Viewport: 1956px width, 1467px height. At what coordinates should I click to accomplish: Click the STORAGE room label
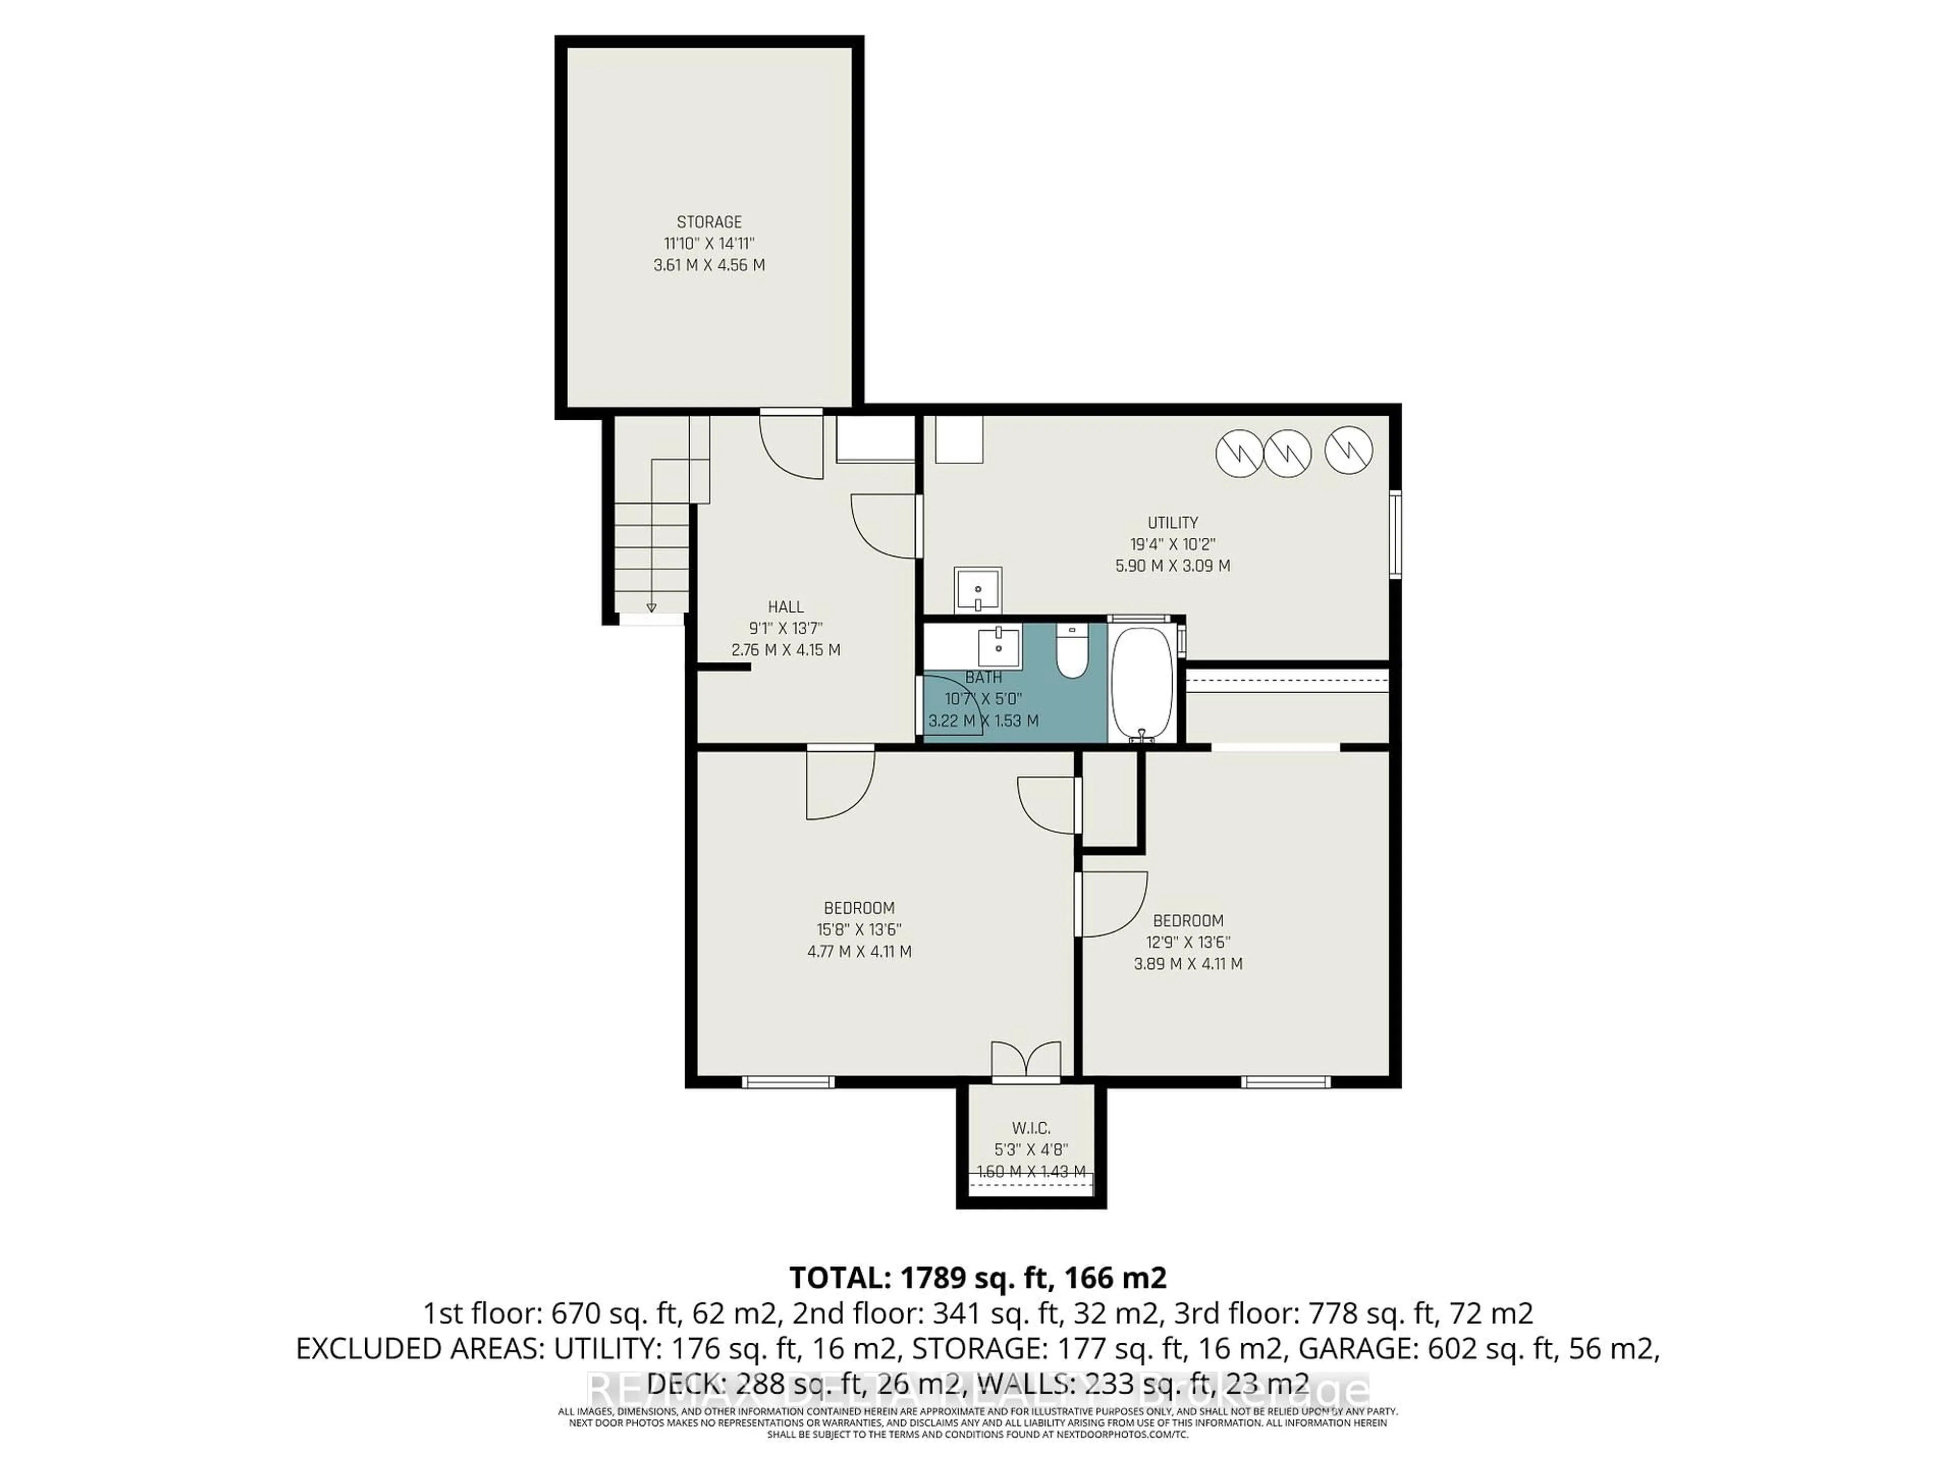pyautogui.click(x=709, y=222)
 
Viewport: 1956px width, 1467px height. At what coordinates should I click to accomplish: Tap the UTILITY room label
pyautogui.click(x=1173, y=523)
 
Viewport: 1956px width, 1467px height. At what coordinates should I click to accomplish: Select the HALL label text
pyautogui.click(x=785, y=607)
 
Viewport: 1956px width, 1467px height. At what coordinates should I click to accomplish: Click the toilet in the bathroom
pyautogui.click(x=1072, y=655)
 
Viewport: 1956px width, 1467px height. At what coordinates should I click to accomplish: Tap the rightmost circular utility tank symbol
pyautogui.click(x=1348, y=450)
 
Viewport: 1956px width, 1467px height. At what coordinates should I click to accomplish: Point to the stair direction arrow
pyautogui.click(x=651, y=608)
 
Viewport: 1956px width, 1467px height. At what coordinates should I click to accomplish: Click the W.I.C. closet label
pyautogui.click(x=1031, y=1128)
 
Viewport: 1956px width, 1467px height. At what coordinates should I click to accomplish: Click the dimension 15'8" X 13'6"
pyautogui.click(x=859, y=930)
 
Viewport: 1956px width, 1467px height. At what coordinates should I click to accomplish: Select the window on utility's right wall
pyautogui.click(x=1395, y=535)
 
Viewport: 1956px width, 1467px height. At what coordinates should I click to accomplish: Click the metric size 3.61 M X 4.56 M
pyautogui.click(x=709, y=265)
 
